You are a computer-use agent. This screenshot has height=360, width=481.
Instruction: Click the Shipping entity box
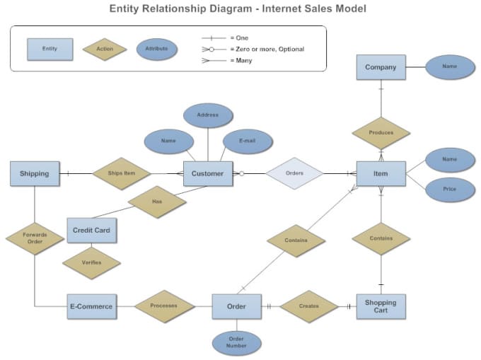click(x=35, y=173)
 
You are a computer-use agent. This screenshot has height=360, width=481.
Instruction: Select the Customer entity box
click(x=208, y=173)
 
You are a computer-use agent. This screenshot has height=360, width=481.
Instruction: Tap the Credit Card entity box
click(x=92, y=231)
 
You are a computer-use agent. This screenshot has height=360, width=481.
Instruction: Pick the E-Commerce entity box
click(x=92, y=307)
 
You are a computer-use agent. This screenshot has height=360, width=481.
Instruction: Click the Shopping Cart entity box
click(x=381, y=307)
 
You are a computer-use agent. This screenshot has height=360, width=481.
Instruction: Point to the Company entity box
click(x=381, y=67)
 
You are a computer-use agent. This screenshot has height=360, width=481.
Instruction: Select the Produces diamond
click(x=381, y=133)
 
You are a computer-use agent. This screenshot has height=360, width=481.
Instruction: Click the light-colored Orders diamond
click(x=294, y=173)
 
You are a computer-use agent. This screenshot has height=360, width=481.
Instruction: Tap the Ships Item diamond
click(x=122, y=173)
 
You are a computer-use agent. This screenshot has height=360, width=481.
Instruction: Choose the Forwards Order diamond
click(x=35, y=238)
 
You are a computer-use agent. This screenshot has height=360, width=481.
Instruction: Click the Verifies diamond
click(x=91, y=263)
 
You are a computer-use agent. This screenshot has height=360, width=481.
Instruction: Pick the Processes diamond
click(x=164, y=306)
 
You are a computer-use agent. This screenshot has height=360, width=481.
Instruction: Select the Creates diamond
click(x=309, y=306)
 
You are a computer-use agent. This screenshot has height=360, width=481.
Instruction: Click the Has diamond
click(x=157, y=202)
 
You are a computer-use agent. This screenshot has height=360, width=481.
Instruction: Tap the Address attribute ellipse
click(x=208, y=115)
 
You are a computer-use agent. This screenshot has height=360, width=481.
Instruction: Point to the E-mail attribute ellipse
click(x=248, y=141)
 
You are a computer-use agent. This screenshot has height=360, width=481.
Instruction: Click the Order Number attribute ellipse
click(x=236, y=343)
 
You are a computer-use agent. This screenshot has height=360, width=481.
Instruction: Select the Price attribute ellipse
click(x=450, y=190)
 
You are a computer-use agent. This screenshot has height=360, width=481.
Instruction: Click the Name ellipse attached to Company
click(x=450, y=67)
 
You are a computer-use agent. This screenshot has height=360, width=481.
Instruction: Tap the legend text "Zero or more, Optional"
click(x=270, y=49)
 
